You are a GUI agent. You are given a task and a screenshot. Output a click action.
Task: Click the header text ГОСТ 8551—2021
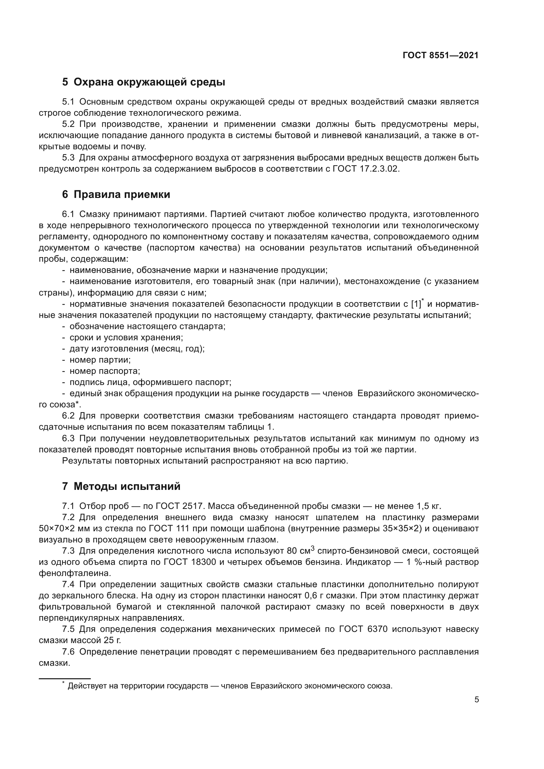(x=440, y=56)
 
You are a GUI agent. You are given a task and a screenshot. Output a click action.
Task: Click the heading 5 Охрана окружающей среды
(x=144, y=82)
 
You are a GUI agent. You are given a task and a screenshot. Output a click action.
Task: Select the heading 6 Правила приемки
(x=116, y=195)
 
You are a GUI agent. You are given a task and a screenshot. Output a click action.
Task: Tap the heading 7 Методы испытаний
(x=121, y=486)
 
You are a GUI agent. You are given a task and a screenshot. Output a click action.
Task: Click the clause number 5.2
(x=68, y=124)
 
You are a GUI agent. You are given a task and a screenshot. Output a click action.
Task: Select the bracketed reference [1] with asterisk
(x=417, y=304)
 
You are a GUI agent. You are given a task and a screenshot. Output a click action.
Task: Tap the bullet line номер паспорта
(x=105, y=371)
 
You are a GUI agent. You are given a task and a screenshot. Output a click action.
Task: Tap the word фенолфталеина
(x=75, y=573)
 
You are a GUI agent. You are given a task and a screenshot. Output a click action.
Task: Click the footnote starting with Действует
(x=230, y=686)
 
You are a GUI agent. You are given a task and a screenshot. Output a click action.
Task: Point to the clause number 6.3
(x=68, y=439)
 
